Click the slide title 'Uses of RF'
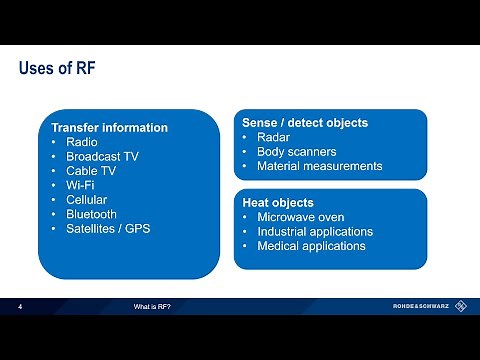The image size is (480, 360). pyautogui.click(x=58, y=69)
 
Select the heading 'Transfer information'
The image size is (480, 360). pyautogui.click(x=109, y=128)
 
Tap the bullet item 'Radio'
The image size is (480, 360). pyautogui.click(x=82, y=142)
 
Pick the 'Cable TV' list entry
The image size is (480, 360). pyautogui.click(x=91, y=171)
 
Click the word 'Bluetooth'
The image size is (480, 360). pyautogui.click(x=91, y=214)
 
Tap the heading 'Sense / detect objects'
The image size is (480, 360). pyautogui.click(x=305, y=123)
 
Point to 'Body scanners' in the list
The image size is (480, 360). pyautogui.click(x=296, y=152)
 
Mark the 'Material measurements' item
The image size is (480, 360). pyautogui.click(x=319, y=166)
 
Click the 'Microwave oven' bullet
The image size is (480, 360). pyautogui.click(x=301, y=217)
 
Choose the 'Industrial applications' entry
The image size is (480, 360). pyautogui.click(x=314, y=231)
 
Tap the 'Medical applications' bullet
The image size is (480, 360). pyautogui.click(x=311, y=246)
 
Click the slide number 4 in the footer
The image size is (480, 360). pyautogui.click(x=21, y=305)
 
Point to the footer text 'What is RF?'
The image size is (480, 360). pyautogui.click(x=153, y=305)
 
